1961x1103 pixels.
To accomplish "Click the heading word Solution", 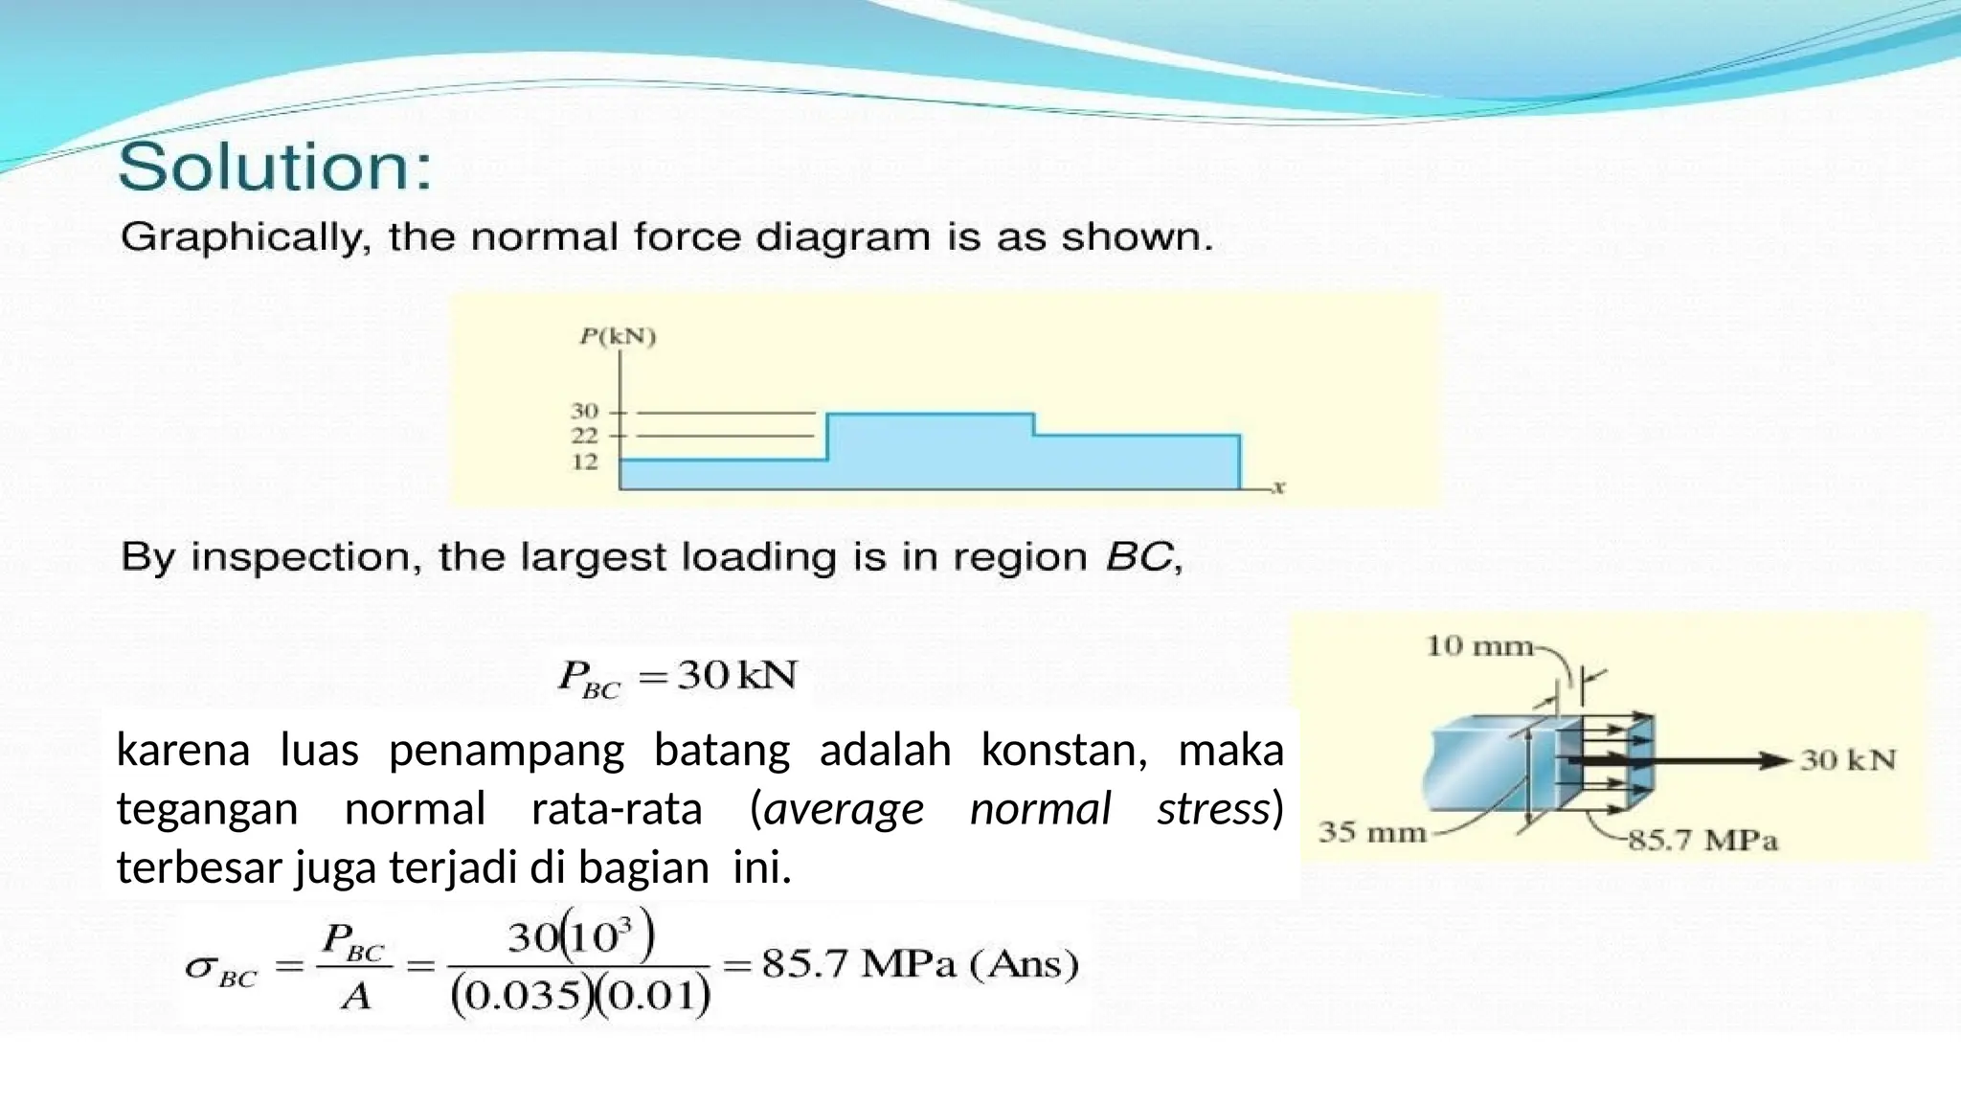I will [275, 169].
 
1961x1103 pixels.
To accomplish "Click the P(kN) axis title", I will [618, 337].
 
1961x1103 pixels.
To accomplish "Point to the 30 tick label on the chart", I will [584, 412].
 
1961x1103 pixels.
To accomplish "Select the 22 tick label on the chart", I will [584, 436].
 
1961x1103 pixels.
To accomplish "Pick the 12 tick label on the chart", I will [584, 461].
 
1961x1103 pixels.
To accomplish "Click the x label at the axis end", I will [1278, 487].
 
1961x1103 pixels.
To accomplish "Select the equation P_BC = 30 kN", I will [677, 677].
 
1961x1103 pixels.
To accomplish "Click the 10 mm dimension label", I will [1479, 646].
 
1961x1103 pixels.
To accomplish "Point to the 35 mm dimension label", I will [1372, 831].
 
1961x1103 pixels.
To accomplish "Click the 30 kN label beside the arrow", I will [1848, 760].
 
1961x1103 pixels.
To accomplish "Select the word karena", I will [182, 750].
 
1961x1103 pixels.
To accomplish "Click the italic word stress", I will [1212, 809].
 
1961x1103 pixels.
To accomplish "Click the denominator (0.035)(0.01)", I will [580, 996].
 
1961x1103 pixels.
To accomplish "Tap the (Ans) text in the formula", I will [1025, 964].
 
